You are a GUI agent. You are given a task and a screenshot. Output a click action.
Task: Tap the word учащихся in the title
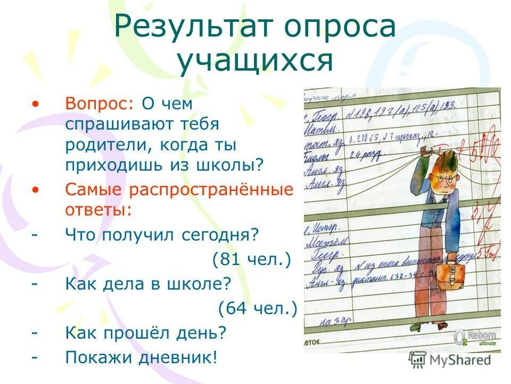pyautogui.click(x=255, y=60)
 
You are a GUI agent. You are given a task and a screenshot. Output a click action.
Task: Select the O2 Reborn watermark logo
pyautogui.click(x=475, y=338)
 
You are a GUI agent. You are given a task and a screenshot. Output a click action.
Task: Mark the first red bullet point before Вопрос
pyautogui.click(x=36, y=104)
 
